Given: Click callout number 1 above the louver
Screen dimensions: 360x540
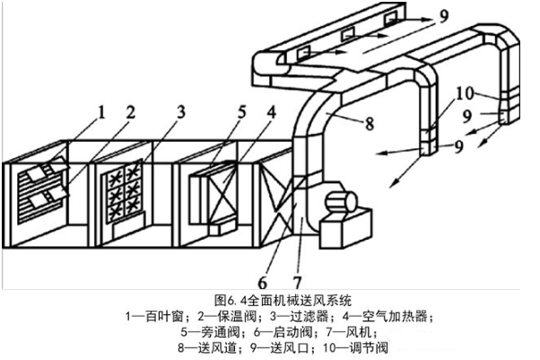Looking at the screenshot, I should [101, 112].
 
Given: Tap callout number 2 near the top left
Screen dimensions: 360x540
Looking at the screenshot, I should [130, 112].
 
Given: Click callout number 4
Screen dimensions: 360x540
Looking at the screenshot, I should [240, 112].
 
